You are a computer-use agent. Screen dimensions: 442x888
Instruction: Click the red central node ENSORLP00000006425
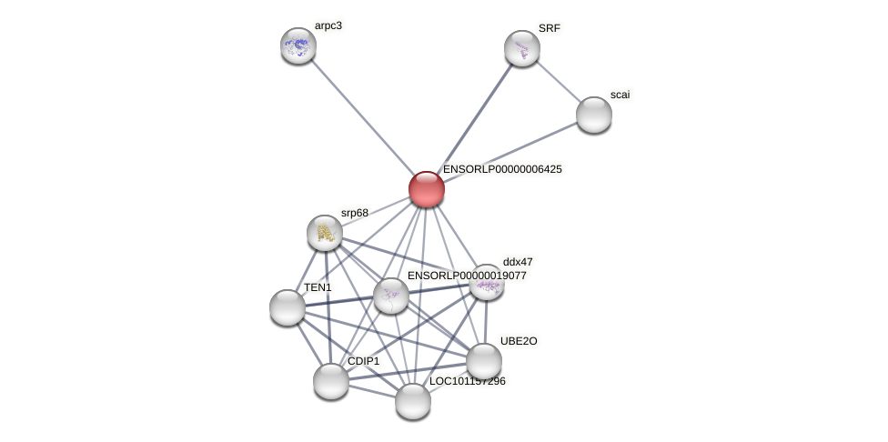(x=426, y=189)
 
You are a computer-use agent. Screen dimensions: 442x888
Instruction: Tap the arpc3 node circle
(x=298, y=45)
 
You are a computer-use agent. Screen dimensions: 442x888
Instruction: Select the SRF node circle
(x=521, y=48)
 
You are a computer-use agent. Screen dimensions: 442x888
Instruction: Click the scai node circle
(x=593, y=115)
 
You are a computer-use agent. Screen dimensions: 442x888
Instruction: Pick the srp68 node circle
(x=325, y=233)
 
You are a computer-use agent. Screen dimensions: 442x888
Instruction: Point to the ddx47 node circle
(x=487, y=283)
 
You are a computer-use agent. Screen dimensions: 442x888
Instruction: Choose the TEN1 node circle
(x=288, y=307)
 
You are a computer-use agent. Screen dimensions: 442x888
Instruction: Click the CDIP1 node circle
(x=331, y=380)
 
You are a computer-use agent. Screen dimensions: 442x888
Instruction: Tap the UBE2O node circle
(x=484, y=361)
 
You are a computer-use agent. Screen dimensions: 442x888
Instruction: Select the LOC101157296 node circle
(x=413, y=400)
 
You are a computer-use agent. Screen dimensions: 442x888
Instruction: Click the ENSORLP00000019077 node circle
(x=391, y=296)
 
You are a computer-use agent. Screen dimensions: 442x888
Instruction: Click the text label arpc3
(x=328, y=25)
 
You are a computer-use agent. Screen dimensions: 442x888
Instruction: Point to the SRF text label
(x=550, y=28)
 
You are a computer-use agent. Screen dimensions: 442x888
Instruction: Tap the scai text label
(x=620, y=95)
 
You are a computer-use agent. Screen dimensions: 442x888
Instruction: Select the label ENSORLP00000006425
(x=502, y=169)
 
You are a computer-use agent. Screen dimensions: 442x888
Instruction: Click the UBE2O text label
(x=519, y=341)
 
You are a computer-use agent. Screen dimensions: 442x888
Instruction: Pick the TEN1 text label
(x=318, y=287)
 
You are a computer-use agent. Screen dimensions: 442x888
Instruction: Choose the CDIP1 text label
(x=364, y=361)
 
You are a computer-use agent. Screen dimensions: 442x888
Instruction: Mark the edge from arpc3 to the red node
(x=362, y=117)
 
